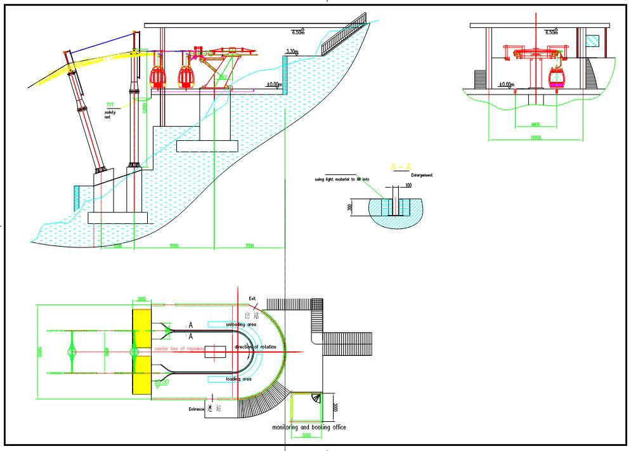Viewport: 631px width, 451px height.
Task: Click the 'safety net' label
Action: coord(111,115)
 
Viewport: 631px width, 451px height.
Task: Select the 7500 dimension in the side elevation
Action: coord(249,245)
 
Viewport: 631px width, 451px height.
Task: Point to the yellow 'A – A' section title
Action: coord(400,167)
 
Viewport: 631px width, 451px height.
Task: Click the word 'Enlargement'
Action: coord(422,175)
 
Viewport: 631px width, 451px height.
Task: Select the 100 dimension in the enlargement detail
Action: coord(408,186)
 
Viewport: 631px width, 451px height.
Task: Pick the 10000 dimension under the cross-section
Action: coord(535,137)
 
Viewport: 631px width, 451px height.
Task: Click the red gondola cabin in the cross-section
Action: coord(556,79)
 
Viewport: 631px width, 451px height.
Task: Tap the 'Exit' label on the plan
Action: coord(252,298)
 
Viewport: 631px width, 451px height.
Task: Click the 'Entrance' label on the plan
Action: coord(196,409)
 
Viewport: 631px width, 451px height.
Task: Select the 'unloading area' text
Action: coord(241,324)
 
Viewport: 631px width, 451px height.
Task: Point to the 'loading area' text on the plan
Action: coord(238,379)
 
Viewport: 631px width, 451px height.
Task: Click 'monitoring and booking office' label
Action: coord(309,428)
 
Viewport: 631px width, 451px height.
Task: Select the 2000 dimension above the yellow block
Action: coord(141,298)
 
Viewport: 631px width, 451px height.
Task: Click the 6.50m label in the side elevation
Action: coord(297,32)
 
